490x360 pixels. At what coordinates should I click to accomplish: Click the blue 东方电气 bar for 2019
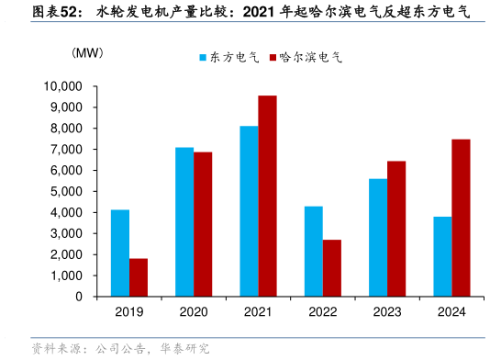[x=120, y=253]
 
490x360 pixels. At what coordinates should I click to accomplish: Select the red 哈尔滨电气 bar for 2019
[x=139, y=277]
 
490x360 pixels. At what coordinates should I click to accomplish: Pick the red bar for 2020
[x=203, y=224]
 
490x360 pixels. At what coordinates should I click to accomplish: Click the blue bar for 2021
[x=249, y=211]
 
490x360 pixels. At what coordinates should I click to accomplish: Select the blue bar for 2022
[x=313, y=252]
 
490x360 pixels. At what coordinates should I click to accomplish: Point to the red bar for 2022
[x=331, y=268]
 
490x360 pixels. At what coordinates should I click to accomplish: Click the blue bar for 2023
[x=378, y=238]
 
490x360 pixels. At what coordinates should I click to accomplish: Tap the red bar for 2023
[x=396, y=229]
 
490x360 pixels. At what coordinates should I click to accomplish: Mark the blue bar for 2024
[x=442, y=256]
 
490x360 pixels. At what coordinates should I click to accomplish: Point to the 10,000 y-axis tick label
[x=63, y=86]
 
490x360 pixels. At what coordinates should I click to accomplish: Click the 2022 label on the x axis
[x=322, y=312]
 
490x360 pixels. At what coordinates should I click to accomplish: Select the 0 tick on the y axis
[x=79, y=297]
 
